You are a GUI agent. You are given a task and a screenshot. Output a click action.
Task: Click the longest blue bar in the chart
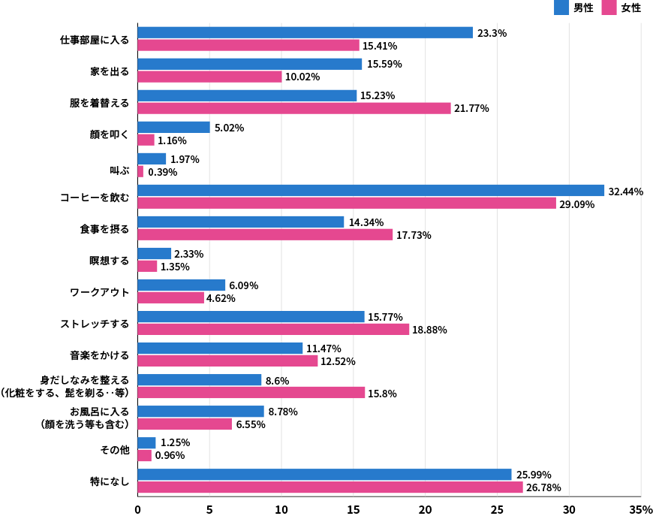[x=371, y=190]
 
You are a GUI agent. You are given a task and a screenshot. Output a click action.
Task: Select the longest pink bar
[x=347, y=203]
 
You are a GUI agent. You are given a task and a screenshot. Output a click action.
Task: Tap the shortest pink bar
[x=140, y=171]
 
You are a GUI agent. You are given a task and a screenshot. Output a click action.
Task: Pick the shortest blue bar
[x=146, y=443]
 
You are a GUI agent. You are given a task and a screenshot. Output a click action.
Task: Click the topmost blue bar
[x=305, y=32]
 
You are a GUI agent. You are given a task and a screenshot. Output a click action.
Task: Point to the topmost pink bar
[x=248, y=45]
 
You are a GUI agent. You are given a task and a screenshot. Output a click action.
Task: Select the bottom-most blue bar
[x=324, y=475]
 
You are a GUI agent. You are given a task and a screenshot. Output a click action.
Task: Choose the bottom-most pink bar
[x=330, y=487]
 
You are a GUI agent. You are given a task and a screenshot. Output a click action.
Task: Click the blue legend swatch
[x=561, y=8]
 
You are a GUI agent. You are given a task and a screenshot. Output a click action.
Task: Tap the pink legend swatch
[x=609, y=8]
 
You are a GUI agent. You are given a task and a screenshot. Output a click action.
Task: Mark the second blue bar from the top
[x=250, y=64]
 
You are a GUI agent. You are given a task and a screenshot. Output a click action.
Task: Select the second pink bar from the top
[x=209, y=77]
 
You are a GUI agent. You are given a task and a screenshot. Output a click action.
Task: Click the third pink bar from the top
[x=294, y=108]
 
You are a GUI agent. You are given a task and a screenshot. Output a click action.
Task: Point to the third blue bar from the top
[x=247, y=95]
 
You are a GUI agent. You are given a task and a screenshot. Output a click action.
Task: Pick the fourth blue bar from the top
[x=173, y=127]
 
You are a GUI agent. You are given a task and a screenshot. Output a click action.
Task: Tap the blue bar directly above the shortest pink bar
[x=152, y=158]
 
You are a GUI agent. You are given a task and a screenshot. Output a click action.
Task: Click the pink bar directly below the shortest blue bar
[x=144, y=455]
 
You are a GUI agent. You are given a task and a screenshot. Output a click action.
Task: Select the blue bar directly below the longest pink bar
[x=241, y=222]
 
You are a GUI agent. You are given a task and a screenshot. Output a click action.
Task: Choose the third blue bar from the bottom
[x=200, y=412]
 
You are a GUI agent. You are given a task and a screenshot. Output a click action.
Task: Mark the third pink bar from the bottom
[x=185, y=424]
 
